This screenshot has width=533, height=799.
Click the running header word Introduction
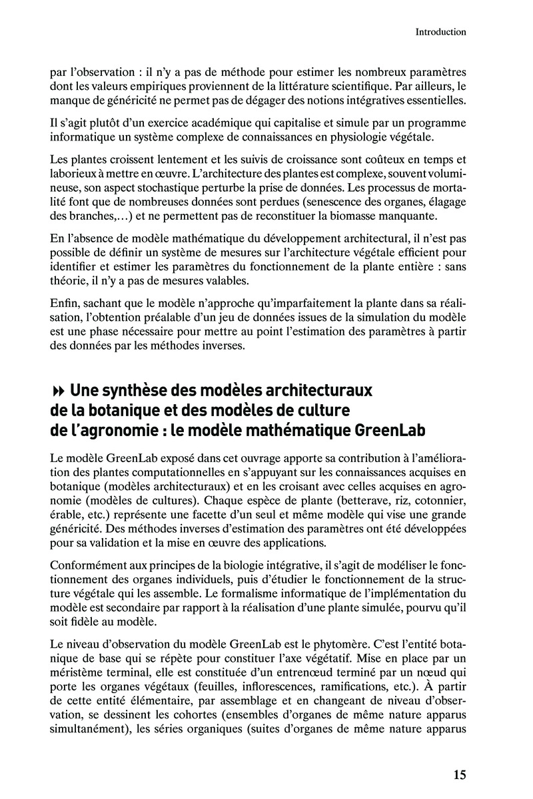(440, 31)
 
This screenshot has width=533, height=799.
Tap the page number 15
(460, 774)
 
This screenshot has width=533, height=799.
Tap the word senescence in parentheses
(350, 202)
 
